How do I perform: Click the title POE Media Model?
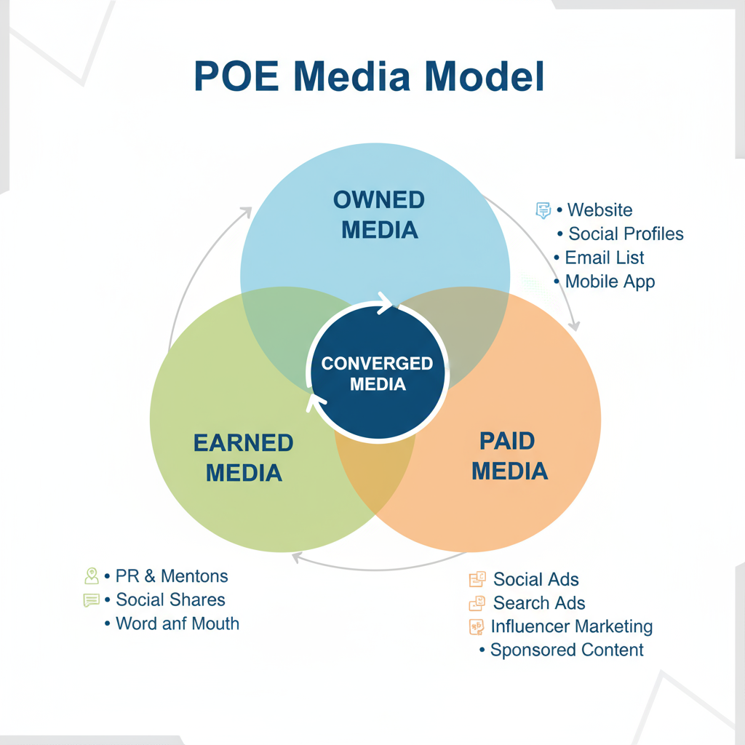[369, 76]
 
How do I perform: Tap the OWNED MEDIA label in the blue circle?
[379, 215]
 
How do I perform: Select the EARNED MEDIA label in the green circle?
[244, 458]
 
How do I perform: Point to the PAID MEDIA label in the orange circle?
[509, 455]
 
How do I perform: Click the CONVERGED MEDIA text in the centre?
[377, 372]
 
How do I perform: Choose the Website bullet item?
[599, 210]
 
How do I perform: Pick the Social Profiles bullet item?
[625, 234]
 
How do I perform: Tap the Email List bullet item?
[604, 258]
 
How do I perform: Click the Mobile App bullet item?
[610, 282]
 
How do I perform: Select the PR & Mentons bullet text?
[172, 576]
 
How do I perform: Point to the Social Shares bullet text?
[170, 600]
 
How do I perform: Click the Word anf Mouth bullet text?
[177, 624]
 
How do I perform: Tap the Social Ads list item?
[535, 580]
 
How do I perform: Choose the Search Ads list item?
[538, 603]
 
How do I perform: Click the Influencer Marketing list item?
[571, 626]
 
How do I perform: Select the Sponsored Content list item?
[567, 650]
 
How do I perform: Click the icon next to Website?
[543, 210]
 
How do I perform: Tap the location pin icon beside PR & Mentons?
[92, 576]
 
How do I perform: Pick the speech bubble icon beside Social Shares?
[92, 600]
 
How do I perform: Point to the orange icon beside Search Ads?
[477, 603]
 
